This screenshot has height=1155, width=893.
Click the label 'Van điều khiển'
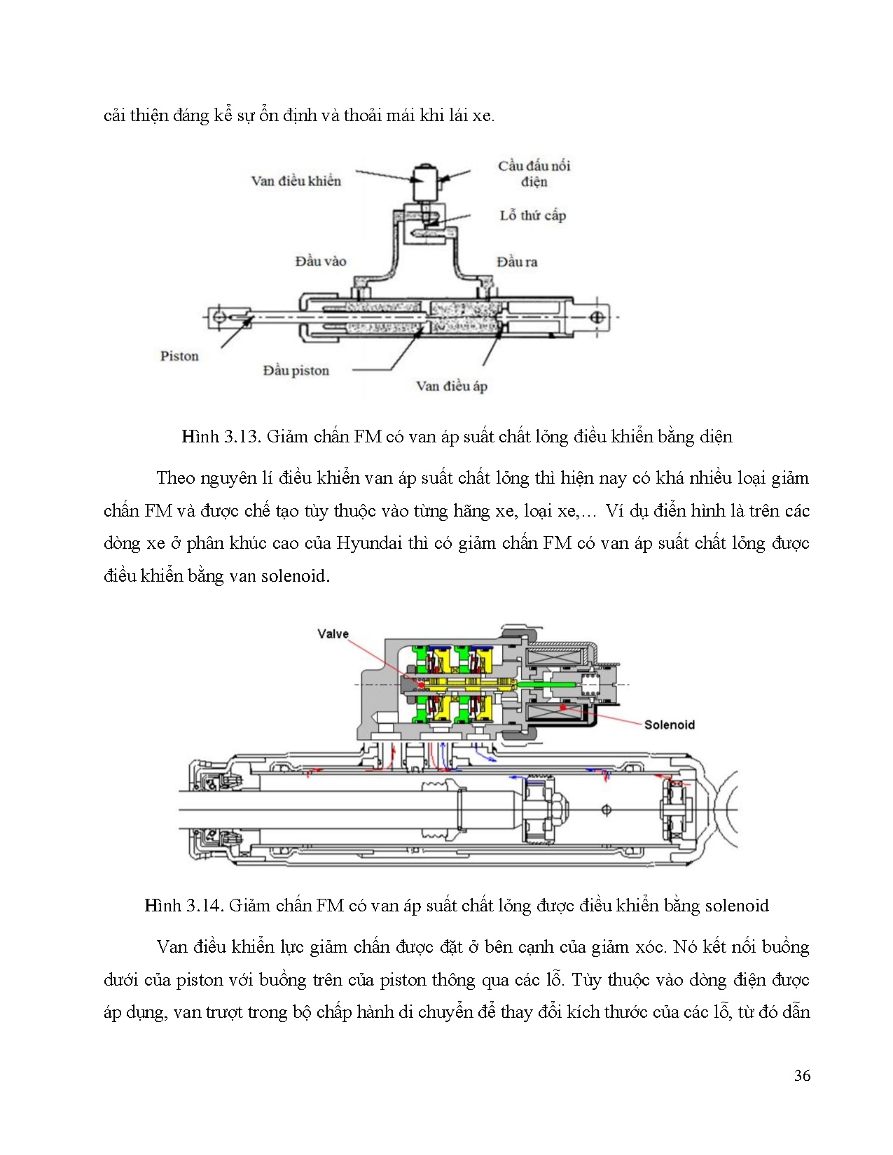tap(296, 181)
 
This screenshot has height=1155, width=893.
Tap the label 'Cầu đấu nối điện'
tap(534, 173)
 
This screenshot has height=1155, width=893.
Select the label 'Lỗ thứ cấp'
tap(532, 216)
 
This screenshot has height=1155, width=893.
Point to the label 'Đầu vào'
tap(320, 261)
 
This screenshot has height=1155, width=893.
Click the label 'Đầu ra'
tap(517, 262)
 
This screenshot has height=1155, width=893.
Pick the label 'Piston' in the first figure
tap(179, 356)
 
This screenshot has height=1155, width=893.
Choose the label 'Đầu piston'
tap(296, 370)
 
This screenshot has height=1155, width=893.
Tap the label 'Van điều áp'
tap(451, 386)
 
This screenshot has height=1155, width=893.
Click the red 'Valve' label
tap(333, 633)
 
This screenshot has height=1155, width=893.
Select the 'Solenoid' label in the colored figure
tap(669, 724)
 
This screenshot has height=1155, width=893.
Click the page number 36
tap(802, 1076)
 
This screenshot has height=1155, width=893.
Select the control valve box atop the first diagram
tap(425, 183)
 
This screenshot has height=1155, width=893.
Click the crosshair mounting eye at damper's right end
tap(597, 317)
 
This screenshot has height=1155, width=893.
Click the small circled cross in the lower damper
tap(607, 810)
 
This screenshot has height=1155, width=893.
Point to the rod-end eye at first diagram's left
tap(219, 317)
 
